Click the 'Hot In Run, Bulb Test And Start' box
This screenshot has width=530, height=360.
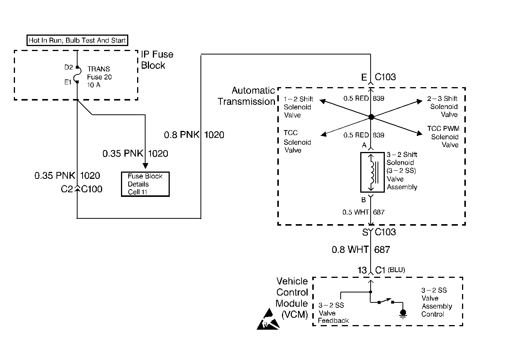click(x=77, y=40)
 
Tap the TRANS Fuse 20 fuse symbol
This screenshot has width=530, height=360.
click(x=77, y=74)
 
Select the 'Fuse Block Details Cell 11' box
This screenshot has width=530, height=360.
click(x=145, y=184)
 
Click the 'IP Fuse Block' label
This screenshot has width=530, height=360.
click(x=157, y=60)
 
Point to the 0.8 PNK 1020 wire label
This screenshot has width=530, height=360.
click(x=194, y=135)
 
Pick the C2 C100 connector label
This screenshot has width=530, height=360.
click(x=81, y=189)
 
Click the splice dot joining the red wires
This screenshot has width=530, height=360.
click(x=371, y=117)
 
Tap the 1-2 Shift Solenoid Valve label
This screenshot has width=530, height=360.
click(x=298, y=107)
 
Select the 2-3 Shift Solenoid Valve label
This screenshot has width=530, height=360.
click(x=443, y=107)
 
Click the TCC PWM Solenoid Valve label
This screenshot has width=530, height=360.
click(x=444, y=137)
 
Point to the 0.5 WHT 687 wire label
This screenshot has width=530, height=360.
click(x=363, y=212)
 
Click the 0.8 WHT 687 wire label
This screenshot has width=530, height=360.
click(x=361, y=250)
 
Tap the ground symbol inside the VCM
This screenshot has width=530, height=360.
click(x=402, y=314)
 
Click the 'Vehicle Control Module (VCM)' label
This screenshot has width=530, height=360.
click(x=292, y=298)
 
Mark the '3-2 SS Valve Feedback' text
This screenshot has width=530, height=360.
click(x=333, y=313)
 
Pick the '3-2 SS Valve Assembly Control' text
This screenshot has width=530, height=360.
click(x=436, y=302)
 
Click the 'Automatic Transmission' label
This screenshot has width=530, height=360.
click(x=247, y=96)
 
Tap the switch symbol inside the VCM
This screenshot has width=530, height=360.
click(x=386, y=301)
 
